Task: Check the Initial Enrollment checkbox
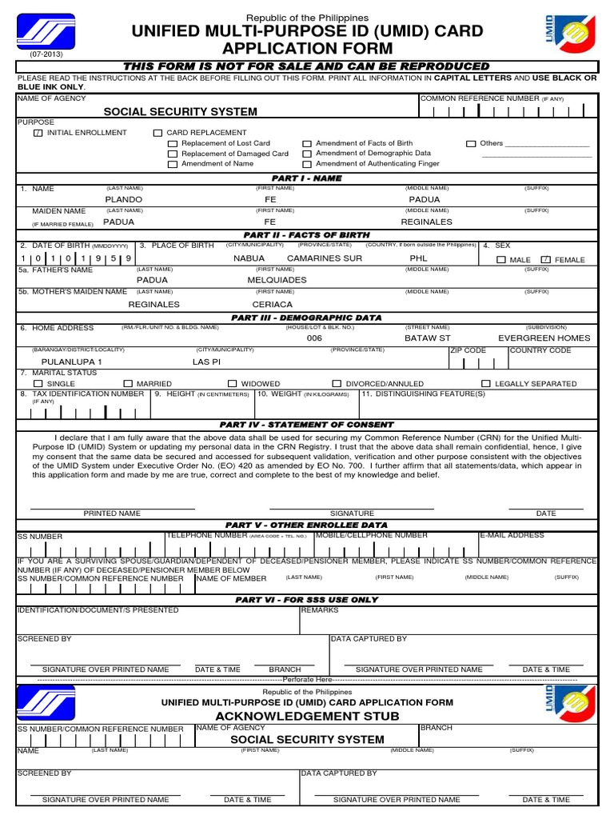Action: [x=38, y=133]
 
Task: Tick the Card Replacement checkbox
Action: [x=158, y=133]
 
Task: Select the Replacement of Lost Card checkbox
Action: [x=173, y=144]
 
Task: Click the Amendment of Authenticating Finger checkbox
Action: [x=307, y=164]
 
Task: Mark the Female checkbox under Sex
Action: [x=546, y=260]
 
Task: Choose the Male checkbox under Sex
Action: [x=501, y=260]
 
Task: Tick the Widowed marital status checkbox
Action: [x=233, y=384]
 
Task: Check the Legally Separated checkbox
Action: [x=486, y=384]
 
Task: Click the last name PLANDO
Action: [x=124, y=199]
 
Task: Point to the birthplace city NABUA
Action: [x=249, y=259]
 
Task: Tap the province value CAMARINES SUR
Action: [x=325, y=259]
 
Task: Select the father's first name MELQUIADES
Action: [x=277, y=281]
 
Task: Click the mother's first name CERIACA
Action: [x=273, y=305]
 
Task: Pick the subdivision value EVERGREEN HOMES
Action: [x=544, y=338]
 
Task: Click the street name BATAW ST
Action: [x=428, y=338]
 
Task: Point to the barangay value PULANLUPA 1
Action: [x=72, y=362]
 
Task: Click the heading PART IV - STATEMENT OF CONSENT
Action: [x=307, y=425]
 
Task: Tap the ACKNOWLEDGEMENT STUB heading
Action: [x=307, y=716]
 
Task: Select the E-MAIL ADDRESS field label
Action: [x=512, y=535]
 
